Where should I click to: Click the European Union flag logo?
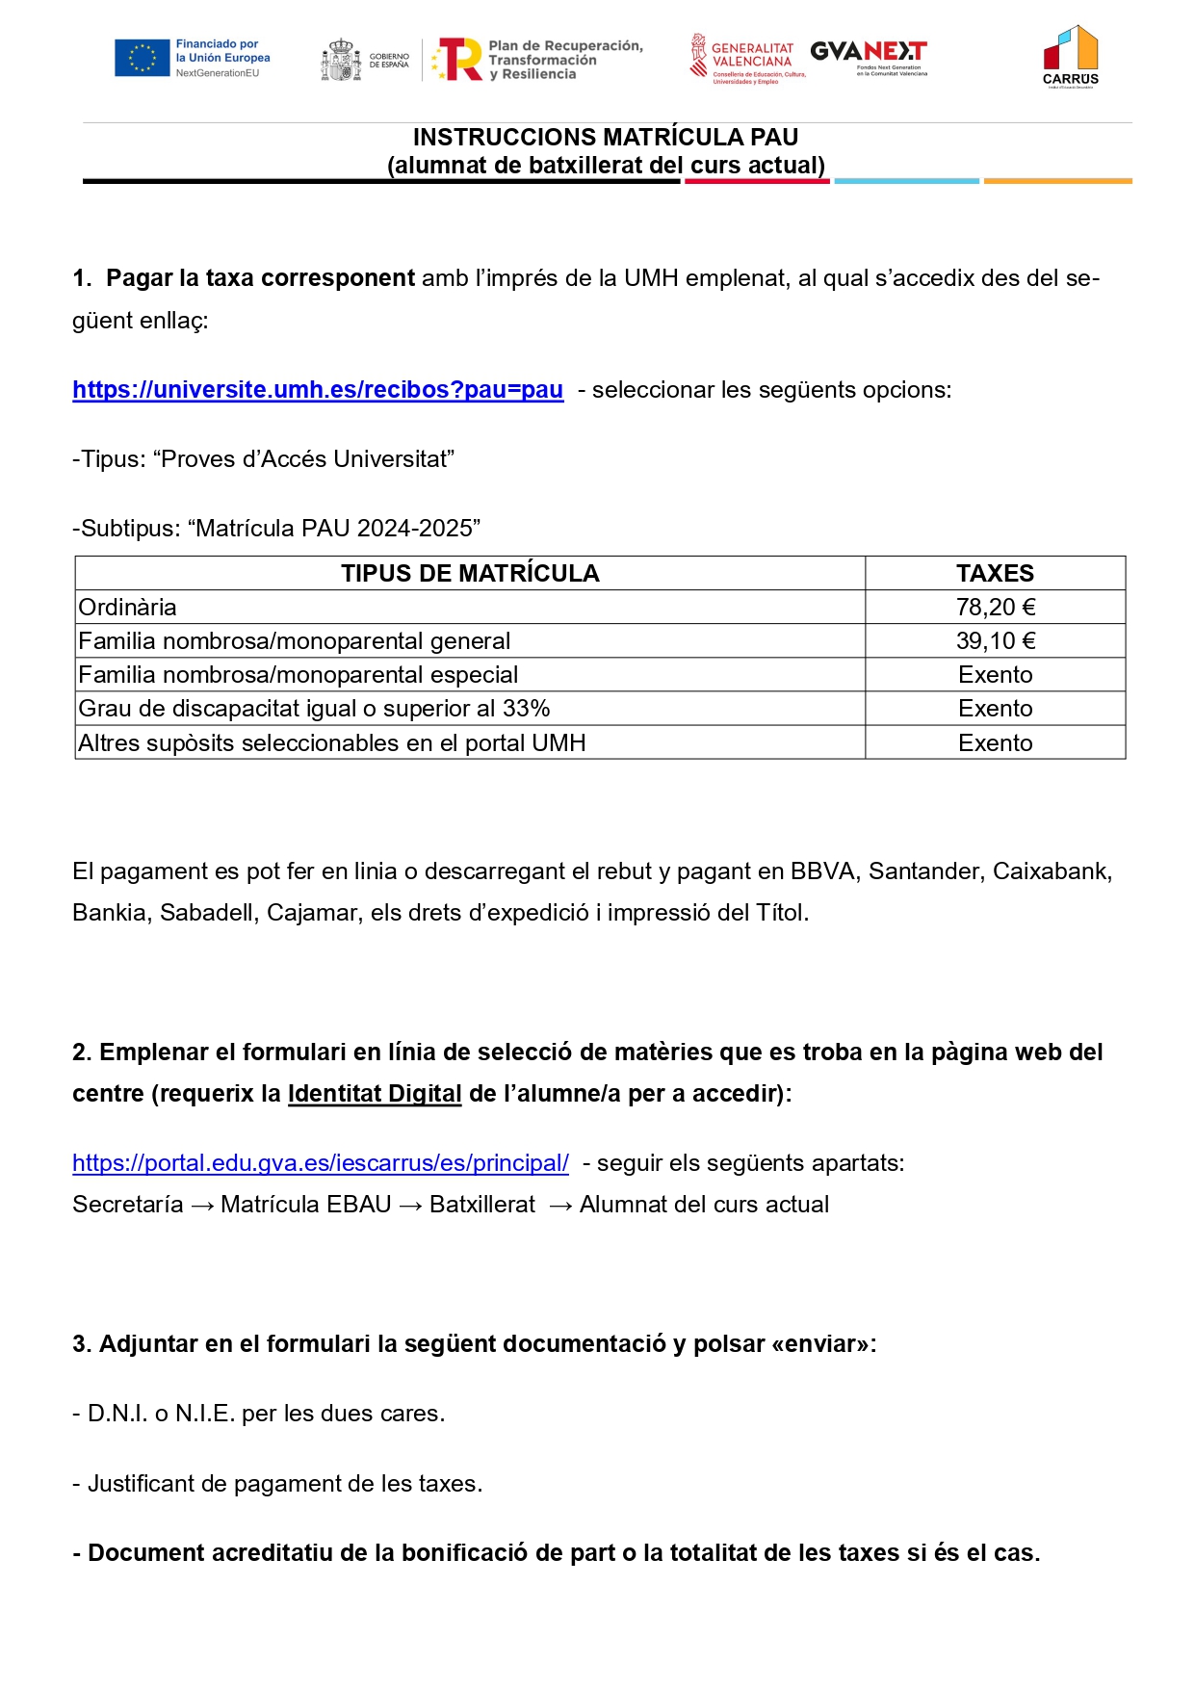click(142, 58)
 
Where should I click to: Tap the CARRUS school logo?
click(1070, 57)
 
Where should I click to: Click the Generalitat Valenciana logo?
click(742, 57)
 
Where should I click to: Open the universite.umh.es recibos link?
click(318, 390)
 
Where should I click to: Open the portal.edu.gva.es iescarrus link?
click(321, 1163)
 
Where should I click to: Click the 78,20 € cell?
click(995, 608)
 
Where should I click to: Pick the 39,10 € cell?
click(995, 641)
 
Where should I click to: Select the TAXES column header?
click(995, 574)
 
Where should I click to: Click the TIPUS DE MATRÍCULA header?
click(470, 574)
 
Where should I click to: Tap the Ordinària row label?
click(128, 608)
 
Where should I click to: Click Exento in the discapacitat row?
click(995, 709)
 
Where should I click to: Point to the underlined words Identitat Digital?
click(375, 1094)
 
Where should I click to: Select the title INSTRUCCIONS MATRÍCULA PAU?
click(606, 138)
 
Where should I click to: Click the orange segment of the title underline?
click(1057, 181)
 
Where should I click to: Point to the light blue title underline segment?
click(906, 181)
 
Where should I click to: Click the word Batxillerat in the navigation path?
click(482, 1205)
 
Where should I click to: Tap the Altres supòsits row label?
click(332, 743)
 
